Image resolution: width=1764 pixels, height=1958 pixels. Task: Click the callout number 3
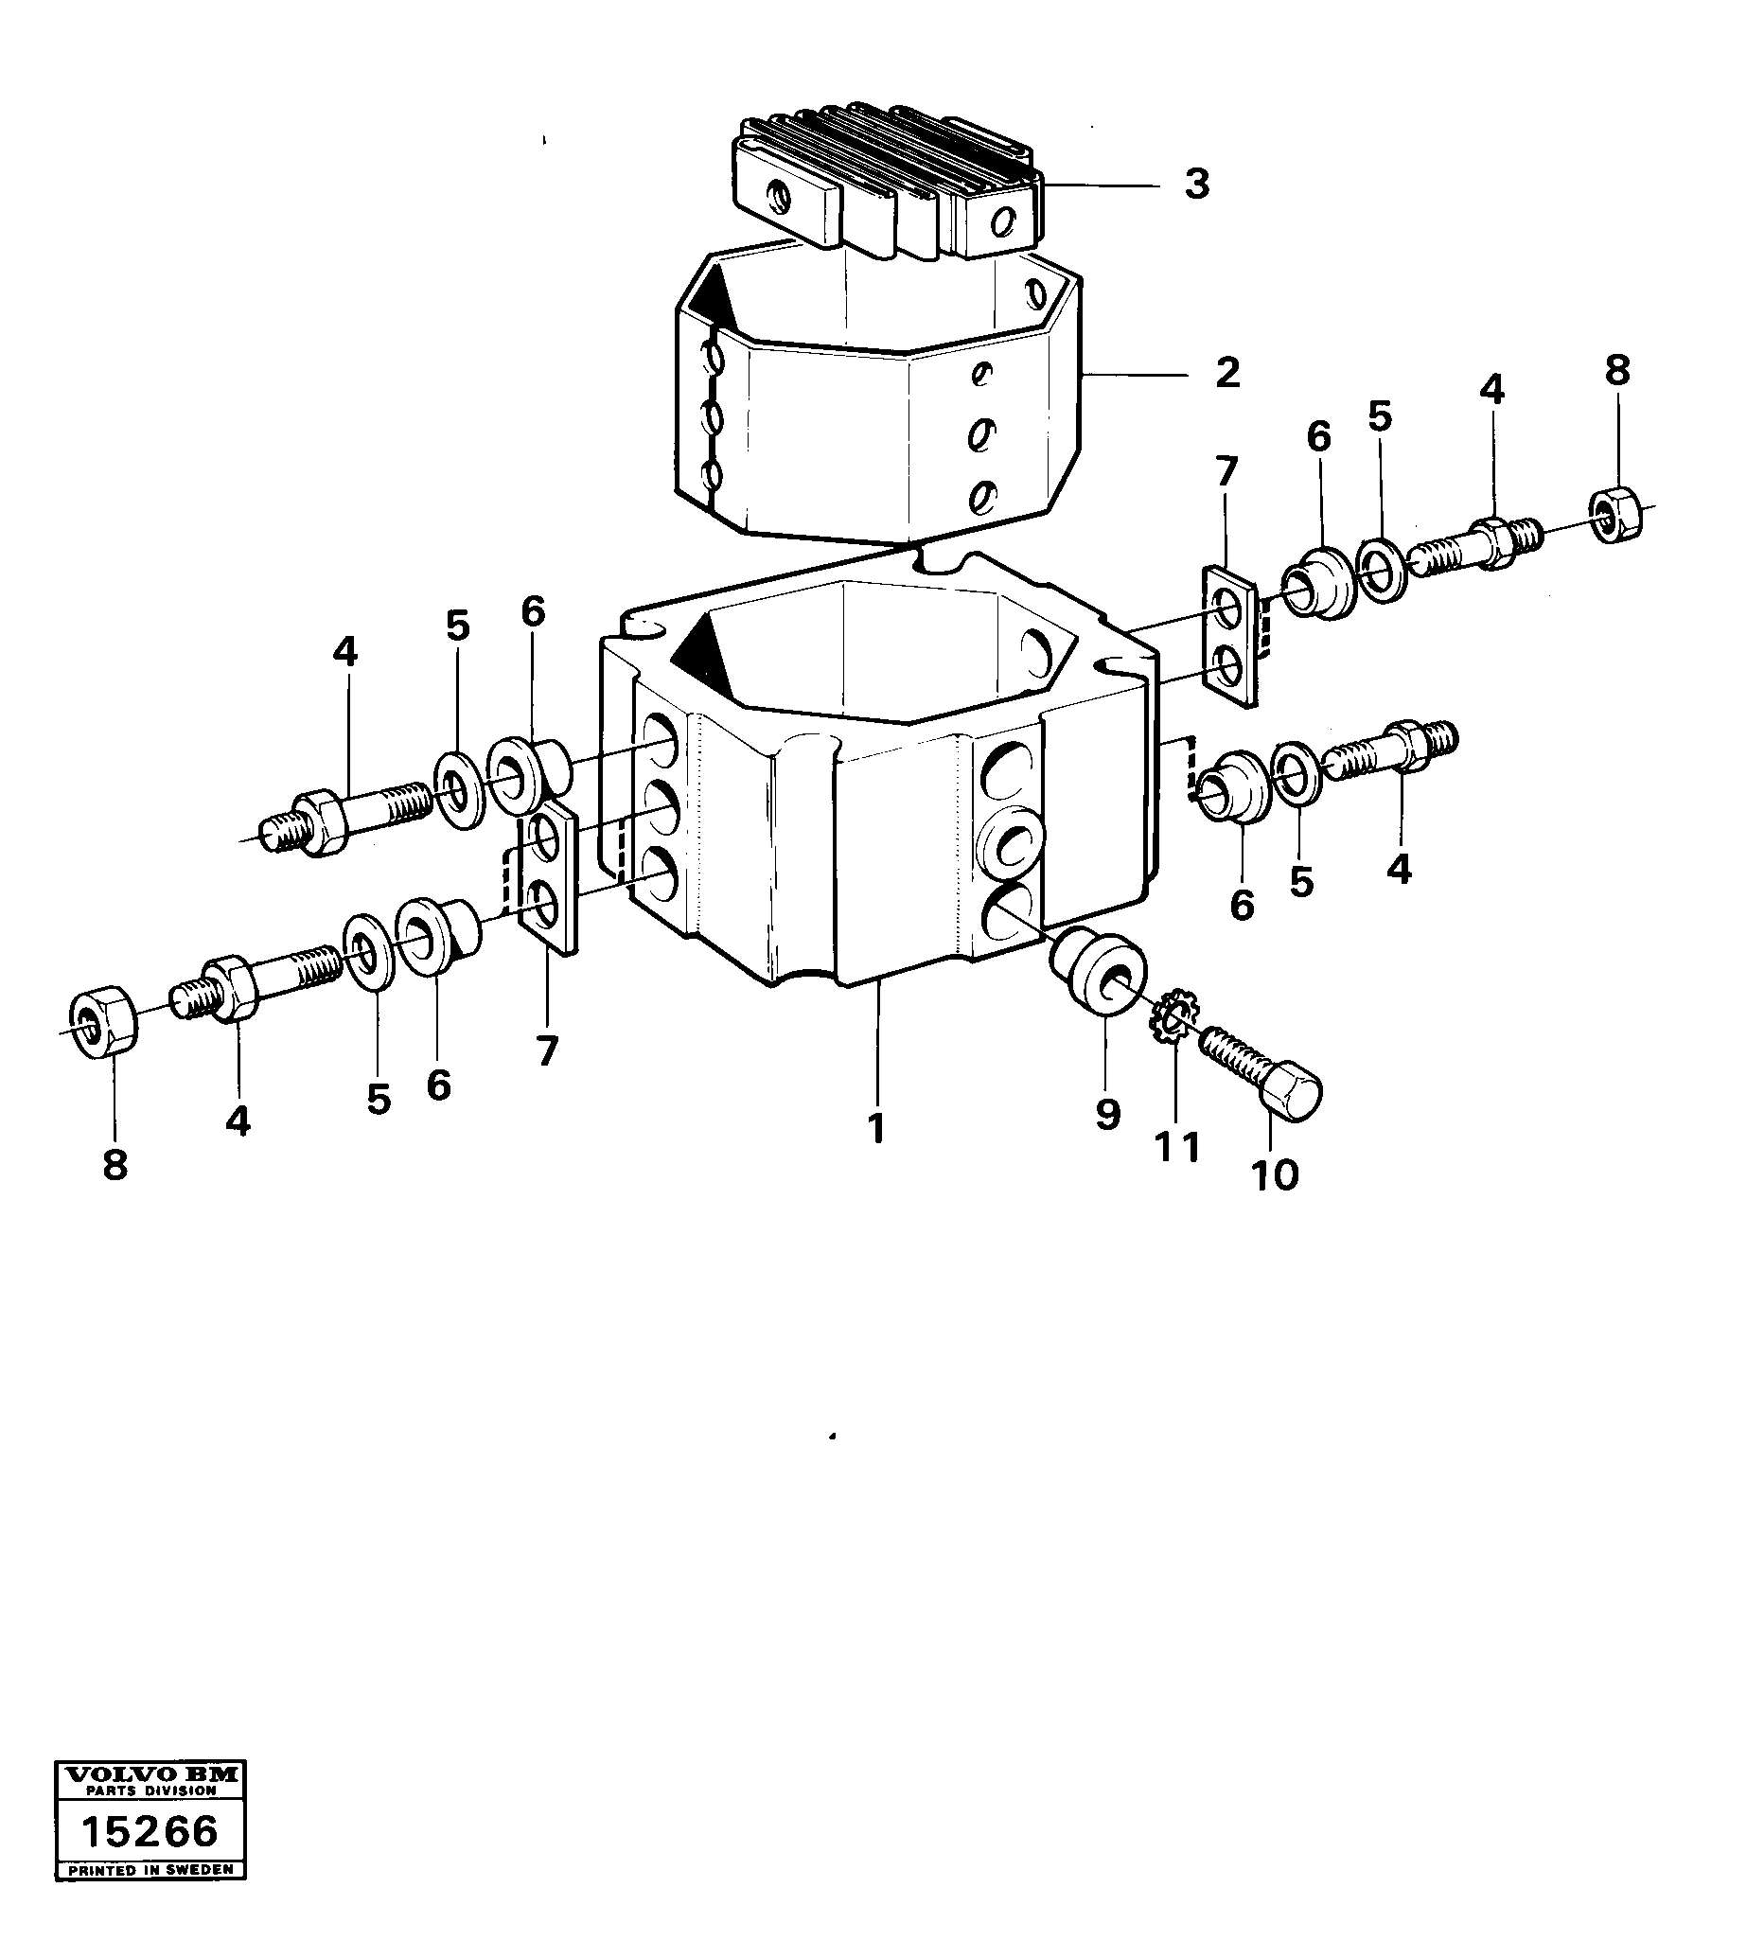coord(1197,184)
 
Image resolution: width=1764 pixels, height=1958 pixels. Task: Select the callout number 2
coord(1227,373)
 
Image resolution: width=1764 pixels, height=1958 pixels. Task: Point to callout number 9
coord(1108,1114)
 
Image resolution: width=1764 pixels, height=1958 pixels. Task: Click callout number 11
coord(1176,1148)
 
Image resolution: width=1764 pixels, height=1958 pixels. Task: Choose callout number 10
coord(1275,1175)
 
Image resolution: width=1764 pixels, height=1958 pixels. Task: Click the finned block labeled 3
coord(882,185)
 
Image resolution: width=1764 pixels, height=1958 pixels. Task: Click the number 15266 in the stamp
coord(150,1832)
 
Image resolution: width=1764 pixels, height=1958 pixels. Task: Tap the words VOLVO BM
coord(150,1773)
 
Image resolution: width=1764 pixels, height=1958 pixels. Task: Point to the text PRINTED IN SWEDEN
coord(150,1870)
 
